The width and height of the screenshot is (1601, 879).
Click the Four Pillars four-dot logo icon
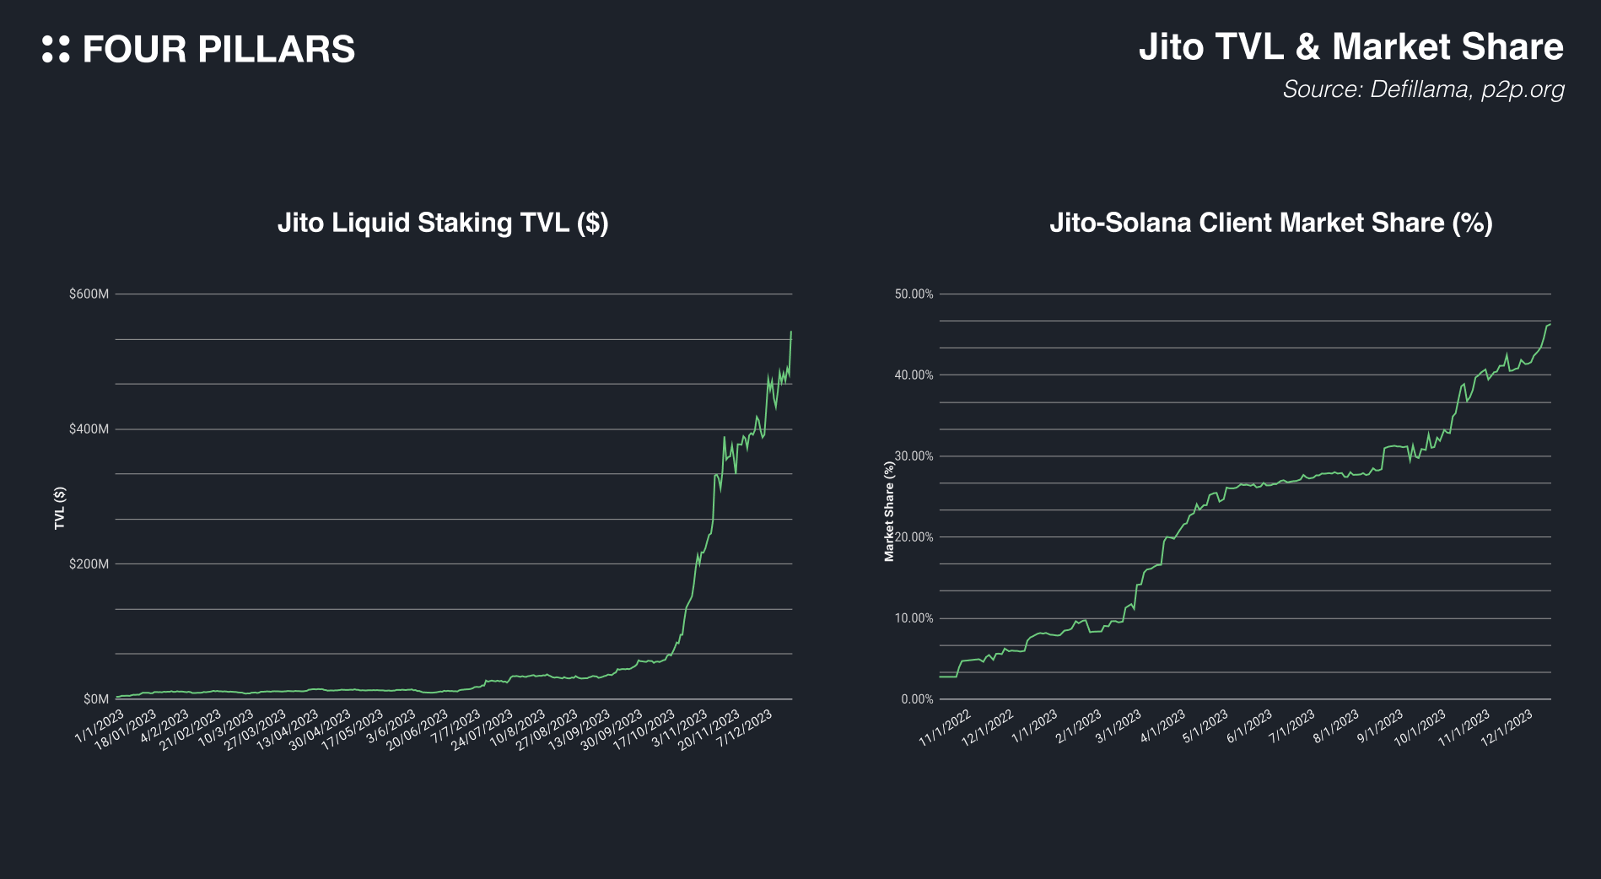(56, 49)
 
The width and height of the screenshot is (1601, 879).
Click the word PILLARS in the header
(276, 49)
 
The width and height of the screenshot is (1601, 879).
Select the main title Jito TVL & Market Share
(1350, 46)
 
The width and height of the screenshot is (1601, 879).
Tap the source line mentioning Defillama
(1423, 89)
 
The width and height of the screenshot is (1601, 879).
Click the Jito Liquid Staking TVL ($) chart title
(443, 223)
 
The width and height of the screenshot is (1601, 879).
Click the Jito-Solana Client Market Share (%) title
(1270, 223)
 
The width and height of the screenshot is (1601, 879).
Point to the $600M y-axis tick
(89, 294)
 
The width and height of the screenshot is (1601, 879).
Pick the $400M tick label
(89, 429)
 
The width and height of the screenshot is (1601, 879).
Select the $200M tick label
(89, 564)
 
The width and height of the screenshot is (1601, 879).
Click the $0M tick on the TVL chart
(95, 699)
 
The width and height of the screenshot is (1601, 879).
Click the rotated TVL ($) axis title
(60, 509)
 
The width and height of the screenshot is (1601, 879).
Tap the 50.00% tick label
(914, 294)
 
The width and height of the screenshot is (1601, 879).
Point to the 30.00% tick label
(914, 456)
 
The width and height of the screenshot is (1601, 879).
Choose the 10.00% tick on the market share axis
(914, 618)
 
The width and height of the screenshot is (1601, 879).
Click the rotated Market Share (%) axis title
(889, 511)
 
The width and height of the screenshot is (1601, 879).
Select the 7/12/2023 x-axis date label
(745, 729)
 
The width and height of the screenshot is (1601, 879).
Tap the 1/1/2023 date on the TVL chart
(100, 727)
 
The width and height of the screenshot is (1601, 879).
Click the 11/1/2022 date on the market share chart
(945, 729)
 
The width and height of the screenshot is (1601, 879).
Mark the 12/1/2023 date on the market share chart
(1507, 728)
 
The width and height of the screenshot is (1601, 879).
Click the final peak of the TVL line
(791, 332)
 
